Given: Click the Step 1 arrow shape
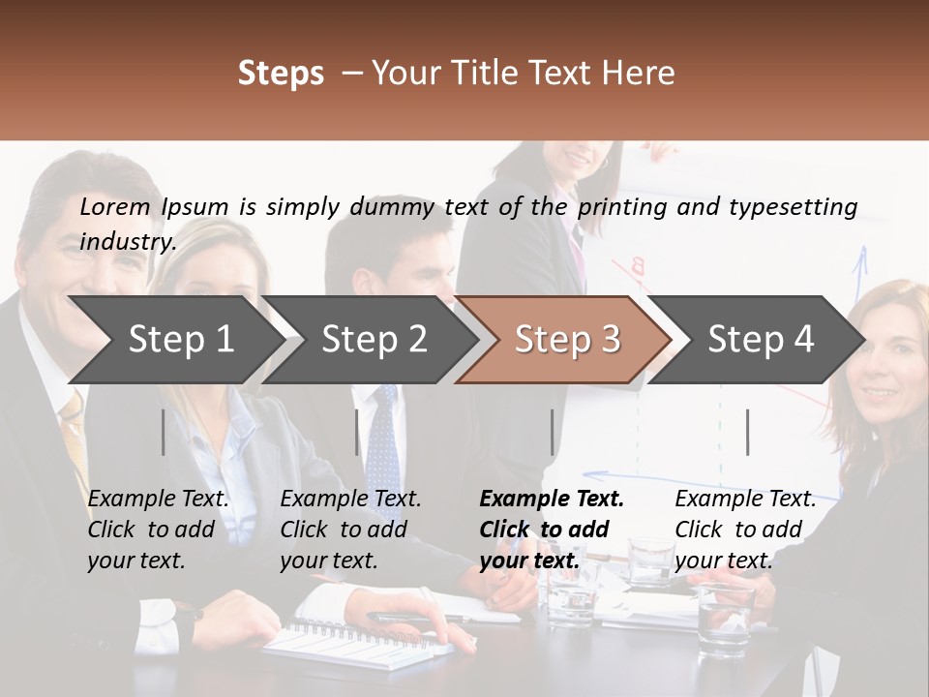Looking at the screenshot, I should click(x=174, y=340).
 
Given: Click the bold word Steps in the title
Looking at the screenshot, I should click(x=281, y=74).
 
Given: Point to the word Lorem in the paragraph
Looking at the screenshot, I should click(x=115, y=206).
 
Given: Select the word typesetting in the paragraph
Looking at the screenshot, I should click(x=793, y=206).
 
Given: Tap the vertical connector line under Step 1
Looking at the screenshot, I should click(x=164, y=432).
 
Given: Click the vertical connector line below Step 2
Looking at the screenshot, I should click(x=357, y=432).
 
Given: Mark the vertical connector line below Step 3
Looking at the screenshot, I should click(x=553, y=432).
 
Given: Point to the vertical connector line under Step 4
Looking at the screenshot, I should click(x=748, y=432).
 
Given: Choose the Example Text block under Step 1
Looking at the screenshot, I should click(x=158, y=530).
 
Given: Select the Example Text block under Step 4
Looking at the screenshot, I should click(x=745, y=530).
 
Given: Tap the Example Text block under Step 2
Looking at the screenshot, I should click(x=350, y=530).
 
